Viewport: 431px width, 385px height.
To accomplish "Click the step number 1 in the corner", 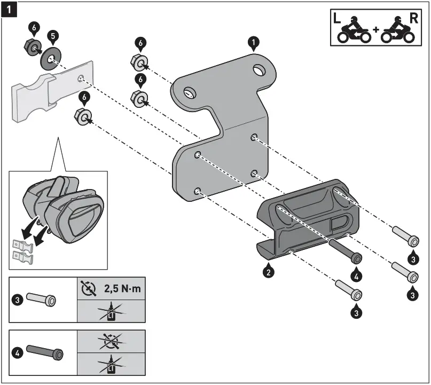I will pyautogui.click(x=10, y=9).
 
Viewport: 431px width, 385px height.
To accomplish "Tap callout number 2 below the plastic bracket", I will pyautogui.click(x=269, y=271).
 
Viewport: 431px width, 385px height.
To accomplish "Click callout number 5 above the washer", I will pyautogui.click(x=52, y=36).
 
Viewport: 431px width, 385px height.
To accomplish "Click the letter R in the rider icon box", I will pyautogui.click(x=414, y=18).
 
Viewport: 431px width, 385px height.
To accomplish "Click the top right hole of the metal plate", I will pyautogui.click(x=260, y=70).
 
